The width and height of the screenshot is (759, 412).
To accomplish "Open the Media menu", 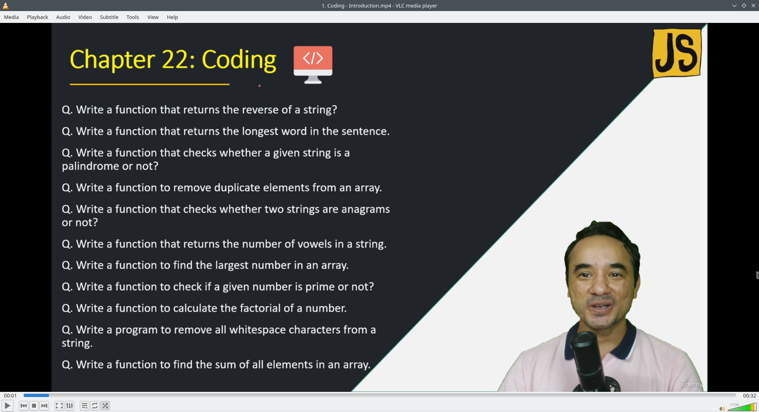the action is (x=11, y=17).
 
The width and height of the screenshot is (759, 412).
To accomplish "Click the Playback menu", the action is (x=38, y=17).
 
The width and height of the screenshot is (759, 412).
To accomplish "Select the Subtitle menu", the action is (x=109, y=17).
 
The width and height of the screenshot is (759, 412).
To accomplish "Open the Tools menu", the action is (x=133, y=17).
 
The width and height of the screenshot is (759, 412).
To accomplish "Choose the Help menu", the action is (x=172, y=17).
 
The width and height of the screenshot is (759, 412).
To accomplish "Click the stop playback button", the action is (x=34, y=406).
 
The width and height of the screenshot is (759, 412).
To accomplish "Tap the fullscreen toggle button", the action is (x=59, y=406).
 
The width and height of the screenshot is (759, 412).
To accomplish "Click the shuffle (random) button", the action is (x=105, y=406).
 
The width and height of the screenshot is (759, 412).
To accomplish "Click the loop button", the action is (x=95, y=406).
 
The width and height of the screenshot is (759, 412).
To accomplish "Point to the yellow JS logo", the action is (x=677, y=53).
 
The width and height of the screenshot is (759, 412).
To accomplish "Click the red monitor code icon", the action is (x=313, y=64).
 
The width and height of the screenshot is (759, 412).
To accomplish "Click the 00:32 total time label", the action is (x=750, y=395).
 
